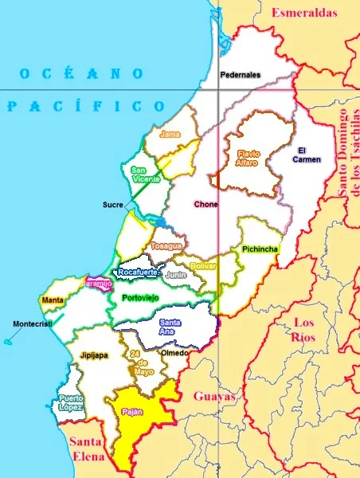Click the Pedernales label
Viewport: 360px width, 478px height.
click(x=241, y=75)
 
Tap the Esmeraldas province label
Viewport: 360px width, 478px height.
click(x=305, y=12)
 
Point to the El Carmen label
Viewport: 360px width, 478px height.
click(x=309, y=155)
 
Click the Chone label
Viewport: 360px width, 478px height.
click(x=205, y=204)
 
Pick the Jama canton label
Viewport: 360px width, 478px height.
click(x=170, y=134)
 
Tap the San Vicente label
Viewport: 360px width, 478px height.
click(x=145, y=174)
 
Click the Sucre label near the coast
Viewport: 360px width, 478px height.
click(x=112, y=205)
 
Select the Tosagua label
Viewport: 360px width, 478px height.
click(x=166, y=245)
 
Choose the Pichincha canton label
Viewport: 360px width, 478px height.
click(x=260, y=249)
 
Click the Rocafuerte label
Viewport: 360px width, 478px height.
click(x=138, y=272)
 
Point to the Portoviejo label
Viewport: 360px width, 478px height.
click(x=140, y=297)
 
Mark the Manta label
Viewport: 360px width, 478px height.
click(x=53, y=300)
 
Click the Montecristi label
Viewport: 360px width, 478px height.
click(x=32, y=323)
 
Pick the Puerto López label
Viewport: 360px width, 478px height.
click(x=71, y=402)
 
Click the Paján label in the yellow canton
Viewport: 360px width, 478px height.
click(x=132, y=412)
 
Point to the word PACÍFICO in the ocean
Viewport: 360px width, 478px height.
click(x=85, y=106)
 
